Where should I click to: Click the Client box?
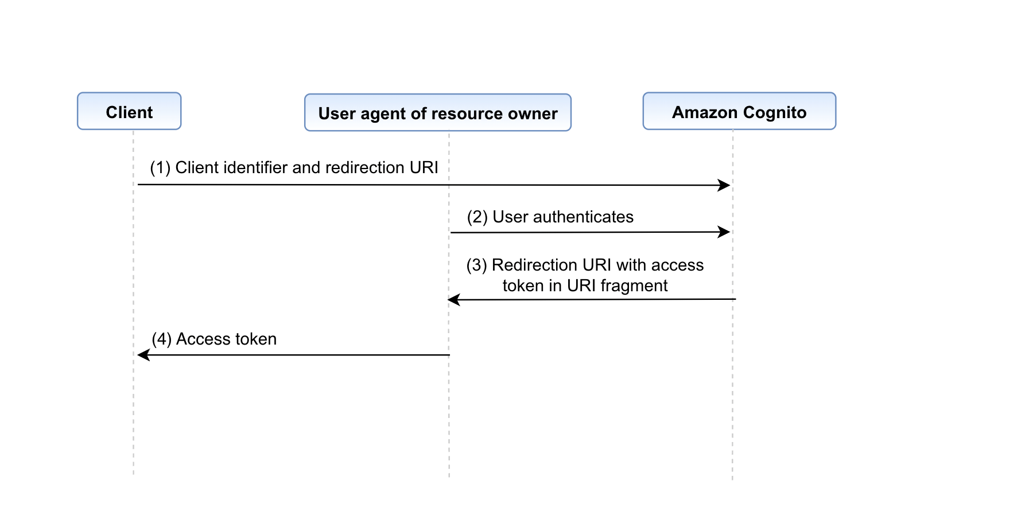tap(129, 111)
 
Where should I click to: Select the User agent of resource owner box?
tap(437, 113)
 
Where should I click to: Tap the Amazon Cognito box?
tap(739, 111)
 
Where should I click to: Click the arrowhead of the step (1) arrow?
tap(725, 185)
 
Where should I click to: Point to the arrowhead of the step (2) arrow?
tap(725, 232)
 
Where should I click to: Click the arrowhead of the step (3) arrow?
tap(453, 299)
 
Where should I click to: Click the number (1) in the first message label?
tap(160, 167)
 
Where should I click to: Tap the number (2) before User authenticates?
tap(477, 217)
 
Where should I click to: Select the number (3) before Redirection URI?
tap(476, 265)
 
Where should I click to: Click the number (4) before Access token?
tap(161, 339)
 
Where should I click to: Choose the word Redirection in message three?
tap(534, 265)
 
